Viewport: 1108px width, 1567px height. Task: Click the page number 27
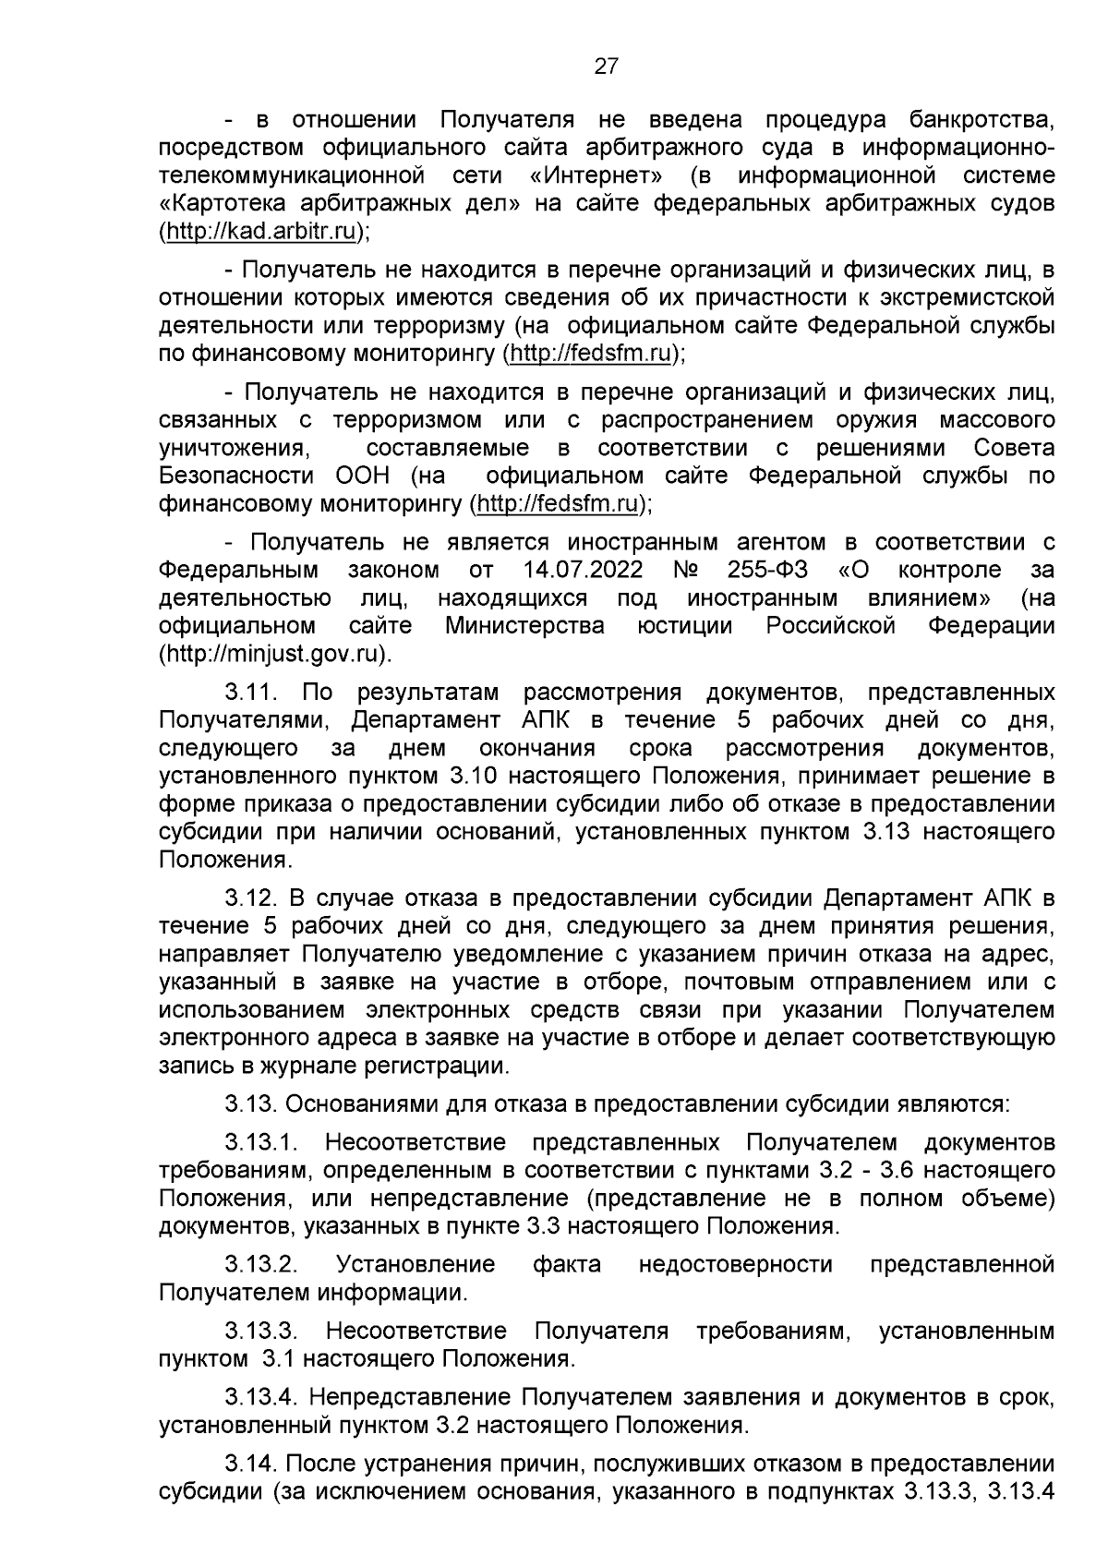pos(606,66)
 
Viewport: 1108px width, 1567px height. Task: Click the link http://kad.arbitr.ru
pos(261,232)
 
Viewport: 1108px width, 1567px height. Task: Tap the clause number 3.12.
pos(254,898)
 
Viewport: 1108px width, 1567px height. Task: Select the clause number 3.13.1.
pos(260,1143)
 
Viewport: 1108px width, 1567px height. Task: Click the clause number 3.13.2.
pos(260,1264)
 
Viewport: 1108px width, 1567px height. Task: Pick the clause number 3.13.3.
pos(260,1332)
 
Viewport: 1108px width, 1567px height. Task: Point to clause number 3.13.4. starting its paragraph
pos(260,1399)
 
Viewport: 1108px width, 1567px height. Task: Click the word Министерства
pos(524,626)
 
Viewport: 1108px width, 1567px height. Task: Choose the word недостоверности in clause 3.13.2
pos(736,1264)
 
